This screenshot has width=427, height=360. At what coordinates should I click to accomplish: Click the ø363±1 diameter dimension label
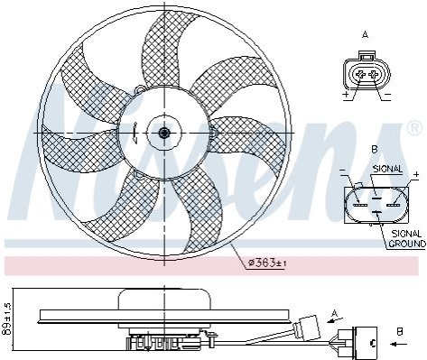tap(267, 263)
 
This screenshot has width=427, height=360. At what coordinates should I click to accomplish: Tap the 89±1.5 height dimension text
tap(6, 318)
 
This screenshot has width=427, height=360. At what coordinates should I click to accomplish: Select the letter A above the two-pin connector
tap(365, 35)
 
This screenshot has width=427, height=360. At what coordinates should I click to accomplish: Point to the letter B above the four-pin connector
tap(375, 149)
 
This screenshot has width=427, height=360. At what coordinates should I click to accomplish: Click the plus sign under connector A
tap(346, 95)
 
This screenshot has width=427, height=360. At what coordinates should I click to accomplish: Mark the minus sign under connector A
tap(387, 95)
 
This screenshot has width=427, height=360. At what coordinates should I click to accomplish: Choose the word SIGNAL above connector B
tap(387, 169)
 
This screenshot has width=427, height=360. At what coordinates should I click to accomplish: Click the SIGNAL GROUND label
tap(407, 238)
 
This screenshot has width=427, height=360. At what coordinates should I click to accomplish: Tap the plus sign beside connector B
tap(416, 174)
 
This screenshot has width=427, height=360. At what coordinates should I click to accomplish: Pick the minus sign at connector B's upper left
tap(342, 171)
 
